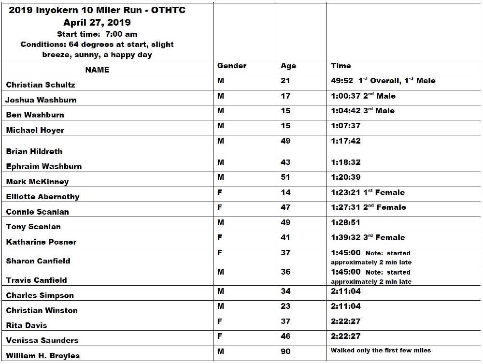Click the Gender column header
point(232,66)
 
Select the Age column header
point(288,66)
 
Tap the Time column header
point(341,66)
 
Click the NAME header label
point(97,70)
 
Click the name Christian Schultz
point(41,85)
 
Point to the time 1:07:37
point(346,126)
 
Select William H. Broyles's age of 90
point(285,351)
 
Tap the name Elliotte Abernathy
point(43,197)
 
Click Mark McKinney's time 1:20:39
point(346,177)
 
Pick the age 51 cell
point(285,177)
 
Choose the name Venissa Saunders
point(43,340)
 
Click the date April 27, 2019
point(97,22)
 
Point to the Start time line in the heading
point(97,34)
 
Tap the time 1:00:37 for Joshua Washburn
point(346,96)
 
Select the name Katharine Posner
point(42,242)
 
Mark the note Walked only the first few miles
point(381,350)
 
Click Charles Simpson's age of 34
point(285,291)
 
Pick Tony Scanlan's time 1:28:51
point(346,223)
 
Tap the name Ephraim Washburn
point(44,166)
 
